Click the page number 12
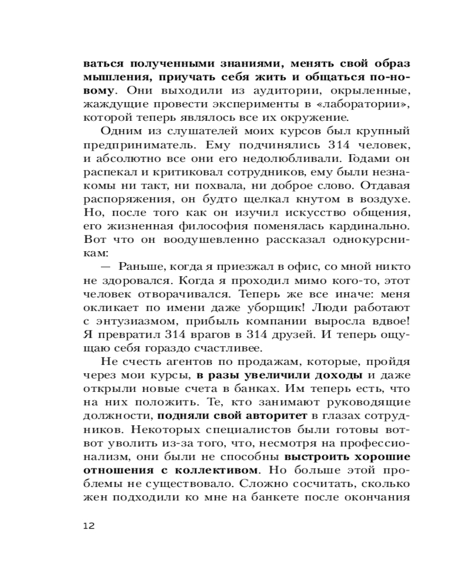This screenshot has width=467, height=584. [89, 526]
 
